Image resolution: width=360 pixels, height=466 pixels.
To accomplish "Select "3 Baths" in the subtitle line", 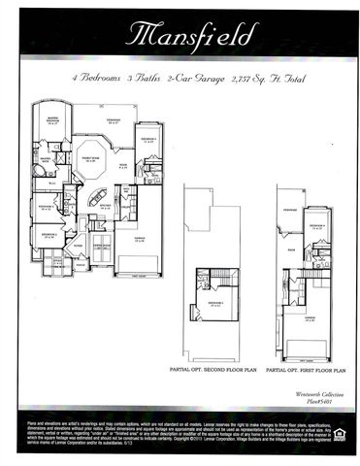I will [x=146, y=75].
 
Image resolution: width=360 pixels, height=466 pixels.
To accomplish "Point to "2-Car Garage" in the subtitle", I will [x=197, y=75].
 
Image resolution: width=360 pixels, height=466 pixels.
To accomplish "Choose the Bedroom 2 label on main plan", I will [x=47, y=207].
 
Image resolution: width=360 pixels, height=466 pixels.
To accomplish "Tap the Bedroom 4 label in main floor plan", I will [x=147, y=140].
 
